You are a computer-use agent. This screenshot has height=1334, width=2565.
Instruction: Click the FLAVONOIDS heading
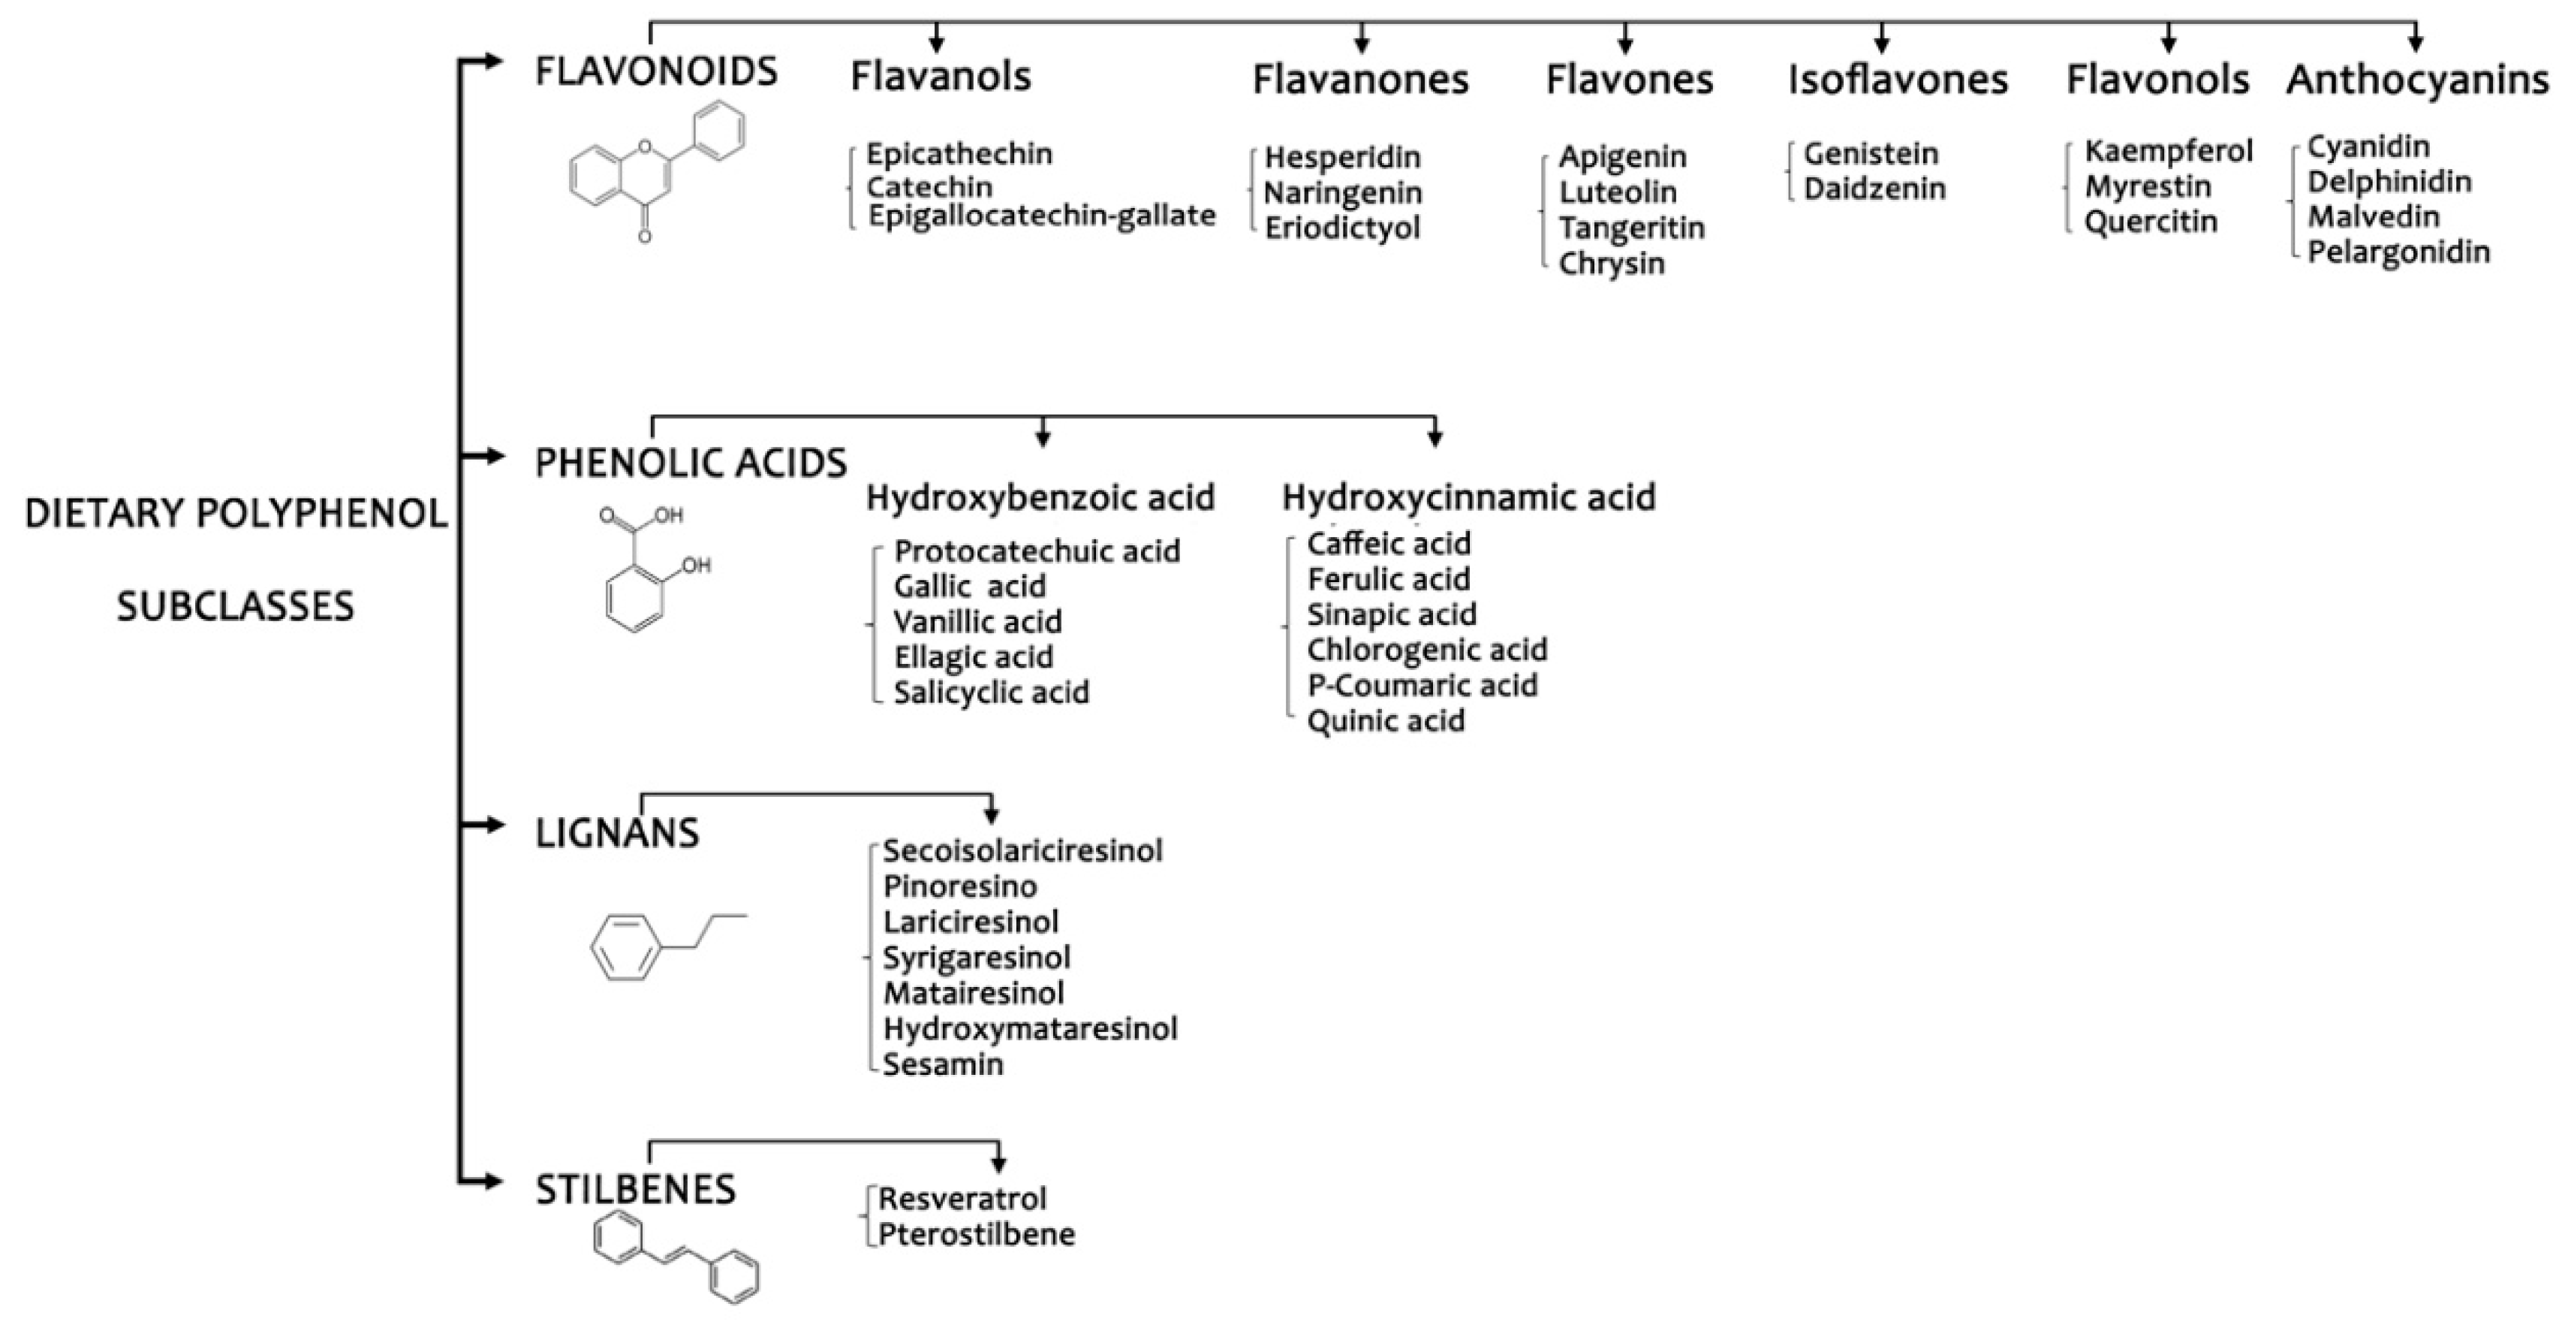(656, 71)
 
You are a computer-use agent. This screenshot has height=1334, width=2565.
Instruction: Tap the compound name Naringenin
(1342, 192)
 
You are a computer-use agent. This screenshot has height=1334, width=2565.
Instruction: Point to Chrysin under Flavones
(1611, 263)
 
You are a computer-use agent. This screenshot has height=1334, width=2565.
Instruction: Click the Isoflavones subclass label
(1897, 80)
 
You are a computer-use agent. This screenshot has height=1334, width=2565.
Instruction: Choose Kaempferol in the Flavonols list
(2168, 152)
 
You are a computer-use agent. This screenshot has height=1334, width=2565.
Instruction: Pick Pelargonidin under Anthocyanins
(2398, 252)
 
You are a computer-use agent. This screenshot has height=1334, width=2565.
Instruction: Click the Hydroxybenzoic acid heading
(1040, 497)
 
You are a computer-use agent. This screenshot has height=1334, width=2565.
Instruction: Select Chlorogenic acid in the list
(1426, 650)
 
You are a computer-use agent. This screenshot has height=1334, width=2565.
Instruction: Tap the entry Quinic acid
(1385, 720)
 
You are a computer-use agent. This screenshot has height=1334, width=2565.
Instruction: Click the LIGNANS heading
(617, 833)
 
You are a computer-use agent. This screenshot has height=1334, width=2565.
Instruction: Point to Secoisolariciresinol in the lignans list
(1022, 851)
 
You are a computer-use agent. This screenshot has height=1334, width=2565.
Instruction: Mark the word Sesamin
(942, 1064)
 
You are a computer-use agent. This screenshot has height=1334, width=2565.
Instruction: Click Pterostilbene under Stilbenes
(976, 1234)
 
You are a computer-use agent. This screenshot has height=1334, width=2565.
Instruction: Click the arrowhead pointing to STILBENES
(492, 1182)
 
